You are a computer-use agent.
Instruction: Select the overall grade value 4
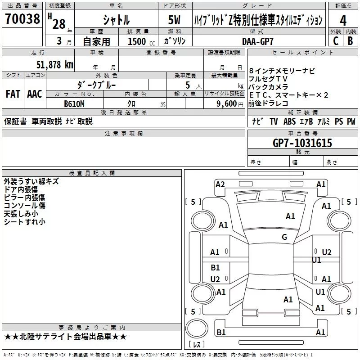343,21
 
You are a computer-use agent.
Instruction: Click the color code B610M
74,104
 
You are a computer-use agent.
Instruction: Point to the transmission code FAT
13,94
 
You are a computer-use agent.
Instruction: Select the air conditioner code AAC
34,94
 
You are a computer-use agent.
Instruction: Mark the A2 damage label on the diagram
220,184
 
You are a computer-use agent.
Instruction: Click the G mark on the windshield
284,237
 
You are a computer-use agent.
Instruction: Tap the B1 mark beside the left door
215,268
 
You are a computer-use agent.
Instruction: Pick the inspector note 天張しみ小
21,214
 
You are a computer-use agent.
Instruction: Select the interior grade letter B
350,41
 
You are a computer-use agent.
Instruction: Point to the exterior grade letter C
335,41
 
